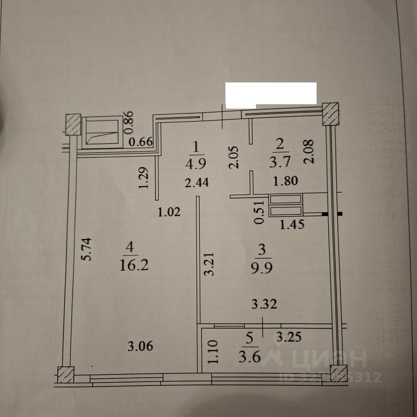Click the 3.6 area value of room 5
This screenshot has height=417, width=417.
tap(251, 358)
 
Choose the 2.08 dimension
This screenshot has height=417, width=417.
tap(309, 152)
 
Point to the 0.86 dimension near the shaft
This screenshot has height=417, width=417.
tap(129, 123)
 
